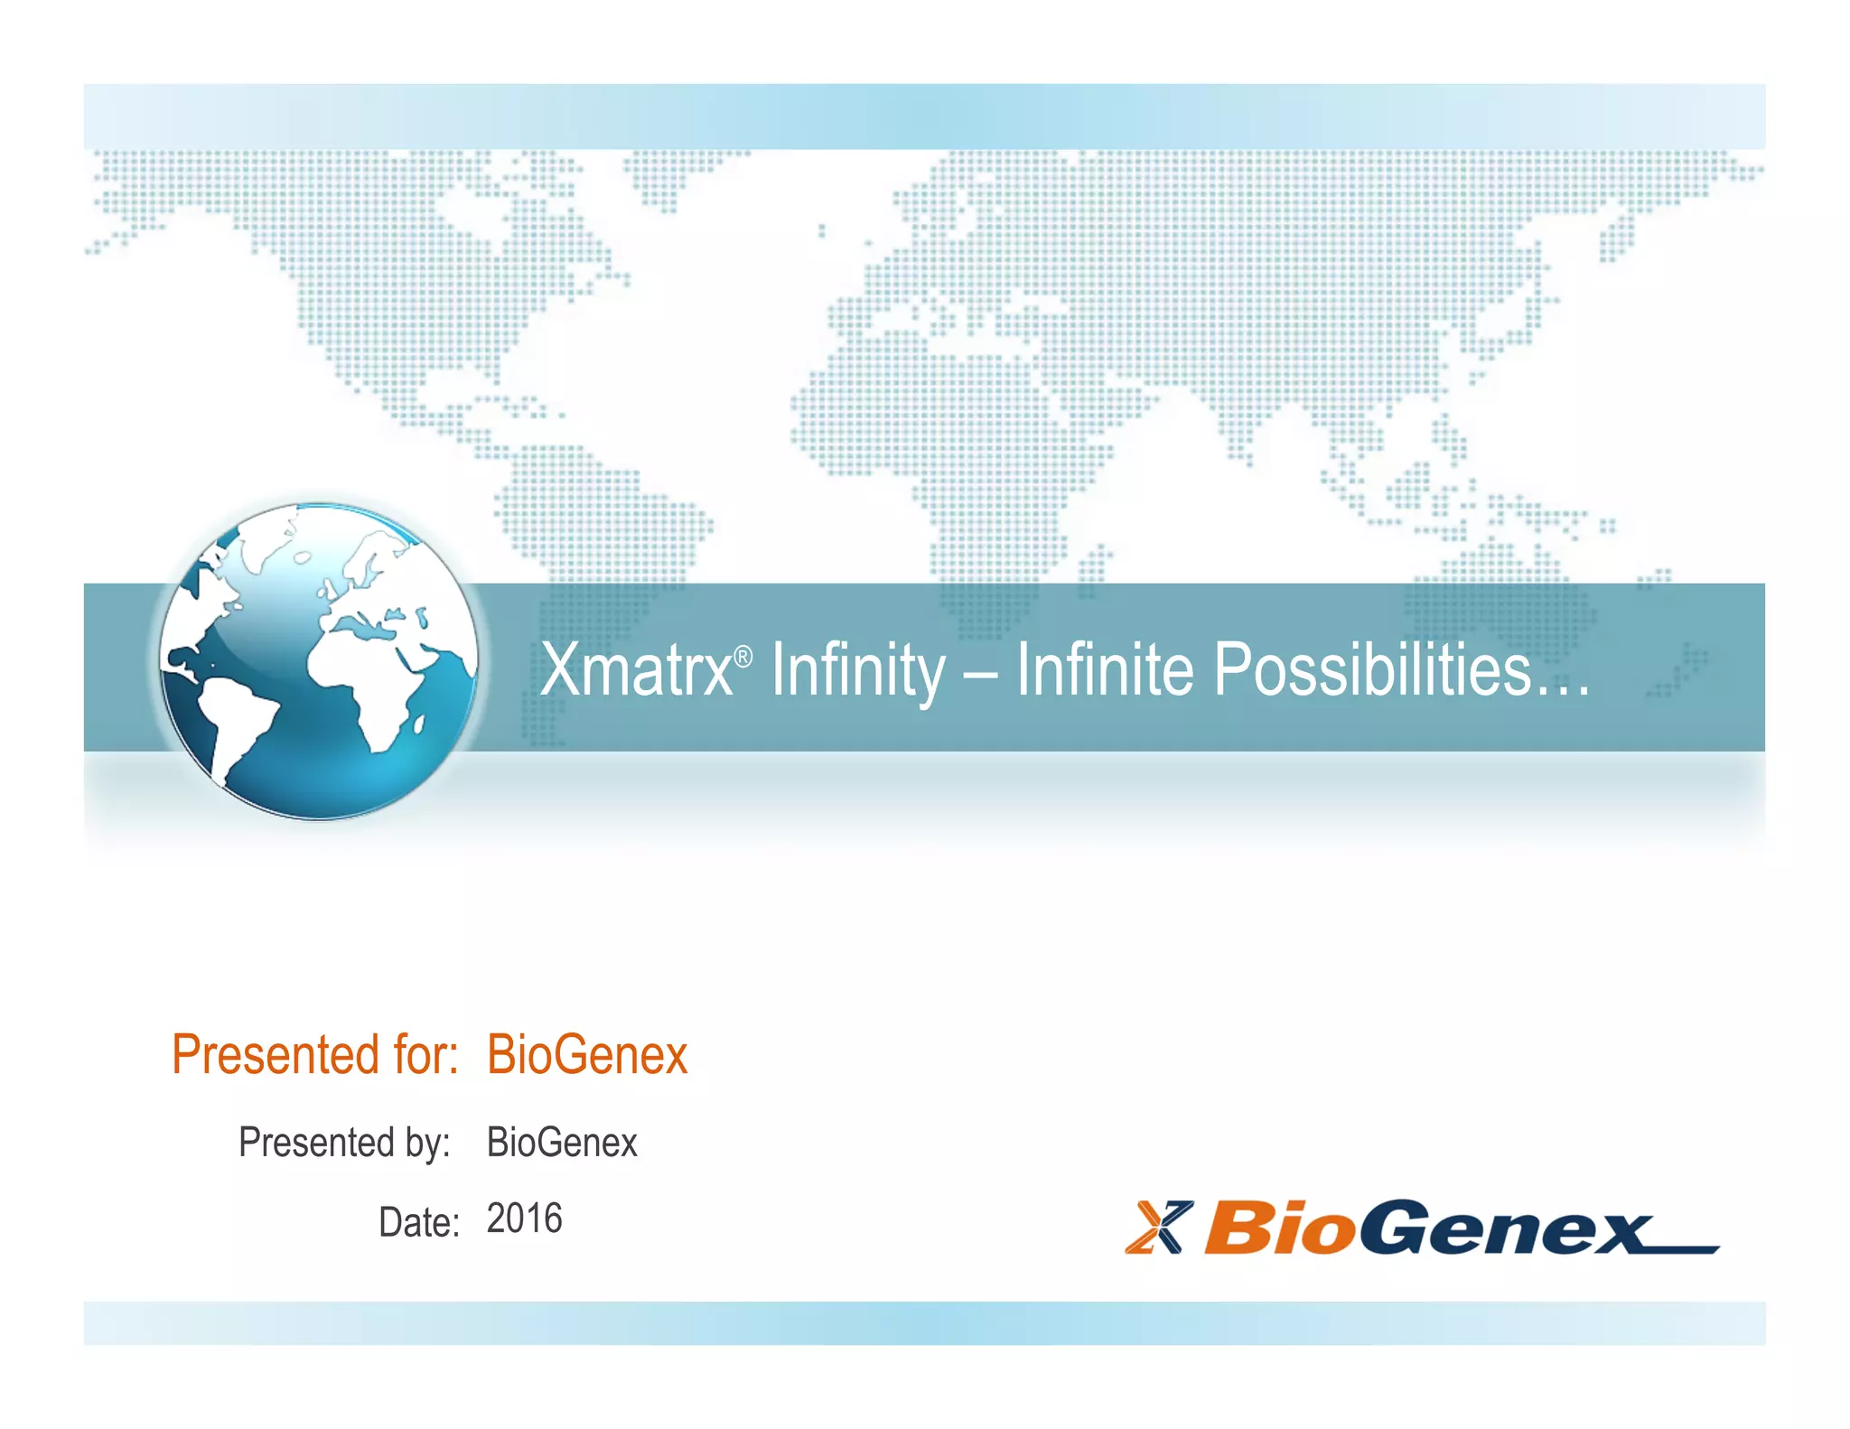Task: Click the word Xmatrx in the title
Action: point(636,669)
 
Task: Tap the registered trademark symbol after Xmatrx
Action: point(743,657)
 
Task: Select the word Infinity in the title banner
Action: point(858,669)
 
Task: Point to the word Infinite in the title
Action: point(1104,669)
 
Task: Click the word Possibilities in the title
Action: point(1371,669)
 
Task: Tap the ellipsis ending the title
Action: point(1564,691)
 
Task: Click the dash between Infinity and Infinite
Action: point(981,673)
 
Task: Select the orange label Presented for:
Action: point(315,1054)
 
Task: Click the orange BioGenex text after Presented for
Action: point(587,1054)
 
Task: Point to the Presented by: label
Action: point(344,1143)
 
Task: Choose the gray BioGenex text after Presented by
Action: point(562,1143)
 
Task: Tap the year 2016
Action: point(524,1219)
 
